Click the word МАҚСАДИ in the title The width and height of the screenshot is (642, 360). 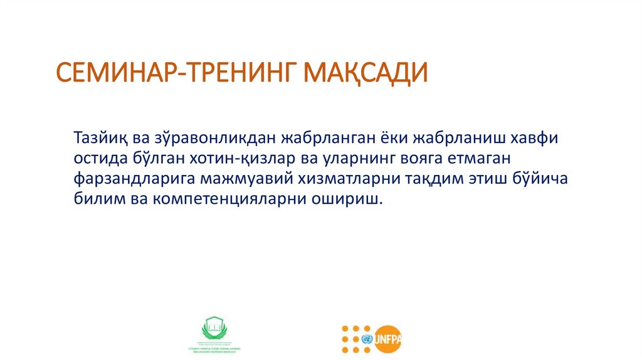pos(366,72)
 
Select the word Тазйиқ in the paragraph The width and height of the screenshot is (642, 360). pos(103,137)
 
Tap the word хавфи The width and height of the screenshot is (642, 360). pos(544,137)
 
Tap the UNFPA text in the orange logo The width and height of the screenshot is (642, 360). pos(388,339)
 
